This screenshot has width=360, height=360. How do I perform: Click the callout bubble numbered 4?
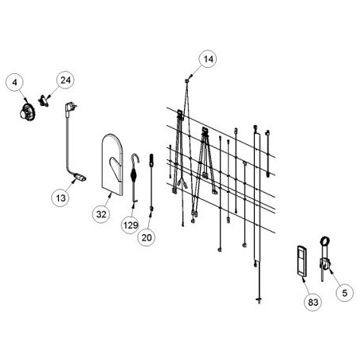[14, 83]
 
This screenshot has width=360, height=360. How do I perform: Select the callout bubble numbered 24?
[65, 80]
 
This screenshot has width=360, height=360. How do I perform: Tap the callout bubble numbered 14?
[208, 59]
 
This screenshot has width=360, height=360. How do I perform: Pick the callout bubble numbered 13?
[61, 198]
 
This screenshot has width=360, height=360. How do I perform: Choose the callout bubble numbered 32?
[101, 214]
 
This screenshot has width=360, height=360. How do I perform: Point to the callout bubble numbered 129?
[131, 225]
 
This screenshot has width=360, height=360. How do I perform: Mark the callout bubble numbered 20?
[147, 237]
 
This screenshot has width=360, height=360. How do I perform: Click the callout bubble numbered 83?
[313, 302]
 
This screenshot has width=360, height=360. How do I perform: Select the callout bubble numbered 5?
[345, 293]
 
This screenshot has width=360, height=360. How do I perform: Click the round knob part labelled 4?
[27, 112]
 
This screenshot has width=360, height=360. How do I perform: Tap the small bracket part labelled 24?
[44, 101]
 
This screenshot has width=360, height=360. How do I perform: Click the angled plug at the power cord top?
[69, 109]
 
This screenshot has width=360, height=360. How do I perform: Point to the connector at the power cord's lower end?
[80, 177]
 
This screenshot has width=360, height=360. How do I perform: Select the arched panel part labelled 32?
[112, 165]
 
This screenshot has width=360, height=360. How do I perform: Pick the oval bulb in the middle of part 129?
[134, 176]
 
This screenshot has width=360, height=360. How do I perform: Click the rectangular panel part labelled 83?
[302, 261]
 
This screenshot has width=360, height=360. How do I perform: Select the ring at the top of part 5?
[325, 241]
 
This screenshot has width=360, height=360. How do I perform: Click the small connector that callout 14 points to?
[187, 80]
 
